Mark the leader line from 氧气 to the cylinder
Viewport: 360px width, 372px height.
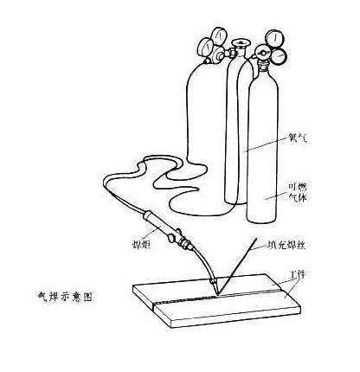[268, 144]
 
